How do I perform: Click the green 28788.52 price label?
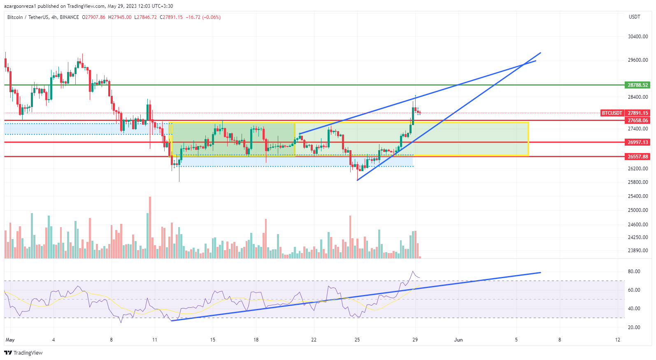(637, 85)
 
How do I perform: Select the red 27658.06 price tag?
(637, 121)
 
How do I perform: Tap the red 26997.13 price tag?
(637, 142)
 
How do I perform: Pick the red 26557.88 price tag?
(637, 157)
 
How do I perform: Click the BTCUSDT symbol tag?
(612, 113)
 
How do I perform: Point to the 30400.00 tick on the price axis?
(637, 37)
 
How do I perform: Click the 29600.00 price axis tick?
(637, 60)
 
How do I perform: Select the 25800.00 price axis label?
(637, 182)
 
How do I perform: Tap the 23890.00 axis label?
(637, 251)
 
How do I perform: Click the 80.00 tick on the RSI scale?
(634, 272)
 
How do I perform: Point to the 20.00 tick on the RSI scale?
(634, 327)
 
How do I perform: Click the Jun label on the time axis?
(458, 340)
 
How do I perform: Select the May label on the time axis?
(10, 340)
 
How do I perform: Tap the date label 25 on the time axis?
(357, 340)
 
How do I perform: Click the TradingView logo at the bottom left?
(23, 353)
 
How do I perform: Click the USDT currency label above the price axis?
(634, 17)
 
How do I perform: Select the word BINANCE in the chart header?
(69, 17)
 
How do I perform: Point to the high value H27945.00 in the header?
(120, 17)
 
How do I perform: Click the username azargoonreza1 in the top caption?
(20, 6)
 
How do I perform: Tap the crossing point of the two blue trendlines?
(523, 64)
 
